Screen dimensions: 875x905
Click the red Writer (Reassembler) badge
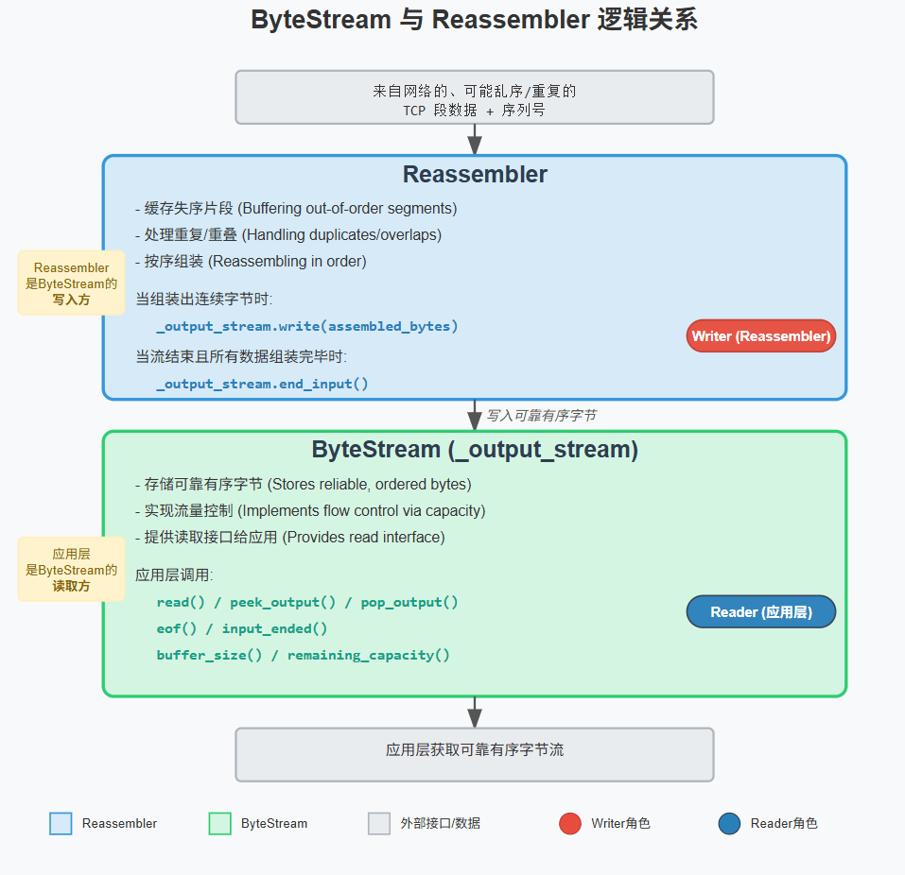(760, 336)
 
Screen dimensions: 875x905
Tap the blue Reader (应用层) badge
(760, 612)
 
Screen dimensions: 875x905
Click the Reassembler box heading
(475, 175)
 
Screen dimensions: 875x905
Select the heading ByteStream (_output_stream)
(475, 450)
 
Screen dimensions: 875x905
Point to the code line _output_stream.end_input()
(262, 384)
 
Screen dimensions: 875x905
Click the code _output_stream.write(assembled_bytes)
(306, 326)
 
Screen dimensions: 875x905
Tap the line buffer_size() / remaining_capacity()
(303, 655)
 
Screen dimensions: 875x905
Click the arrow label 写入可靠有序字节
(541, 416)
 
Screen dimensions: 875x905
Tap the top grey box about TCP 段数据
(475, 97)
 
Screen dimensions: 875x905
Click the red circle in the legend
(570, 824)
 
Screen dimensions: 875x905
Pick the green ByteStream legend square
(219, 824)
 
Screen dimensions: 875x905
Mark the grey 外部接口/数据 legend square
(379, 824)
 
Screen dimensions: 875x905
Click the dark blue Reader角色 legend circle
(729, 824)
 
